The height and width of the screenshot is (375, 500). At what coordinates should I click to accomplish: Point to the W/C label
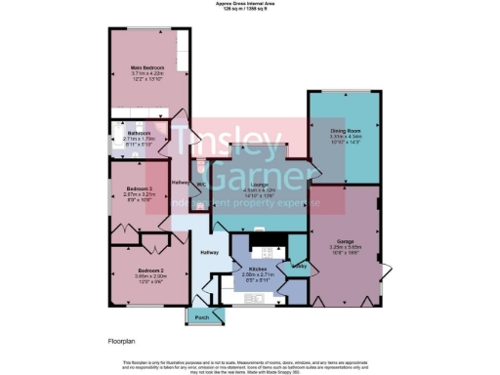pyautogui.click(x=200, y=183)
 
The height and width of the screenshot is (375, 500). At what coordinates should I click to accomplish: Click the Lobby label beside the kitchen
pyautogui.click(x=300, y=265)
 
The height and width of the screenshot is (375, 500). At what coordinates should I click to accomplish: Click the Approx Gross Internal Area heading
pyautogui.click(x=249, y=4)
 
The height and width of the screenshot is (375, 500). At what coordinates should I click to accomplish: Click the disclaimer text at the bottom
pyautogui.click(x=250, y=366)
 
